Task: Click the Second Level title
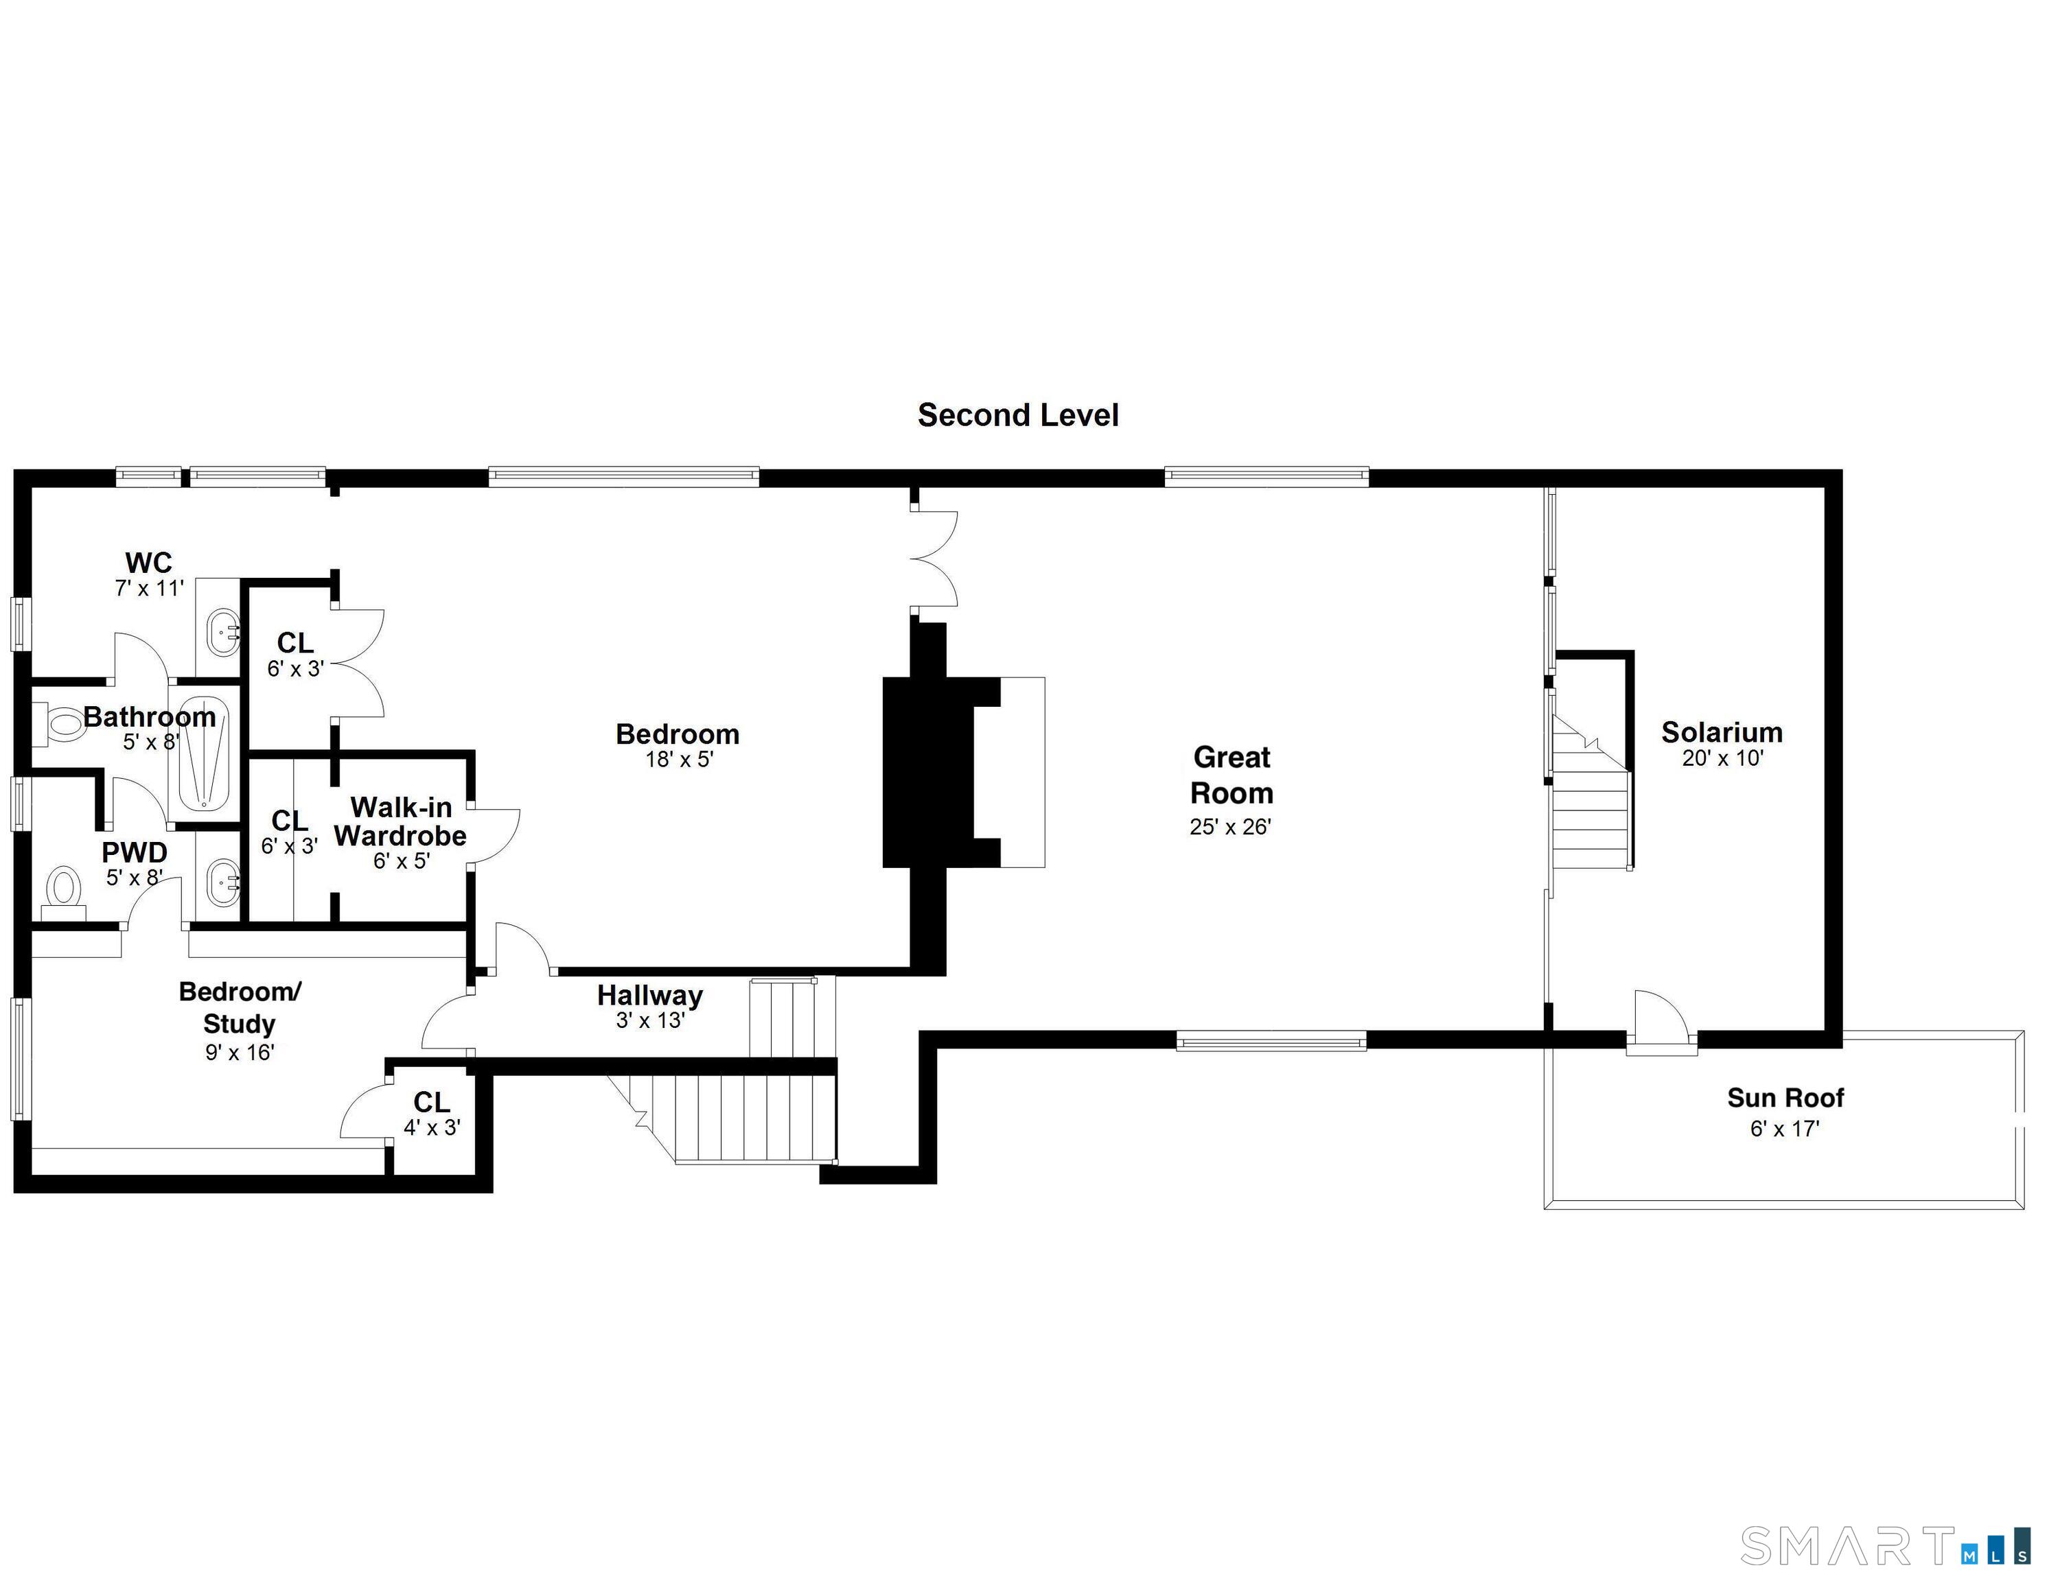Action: point(1018,415)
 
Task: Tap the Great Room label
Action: point(1231,775)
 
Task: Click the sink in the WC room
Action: point(224,632)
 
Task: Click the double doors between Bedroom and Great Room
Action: point(936,559)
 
